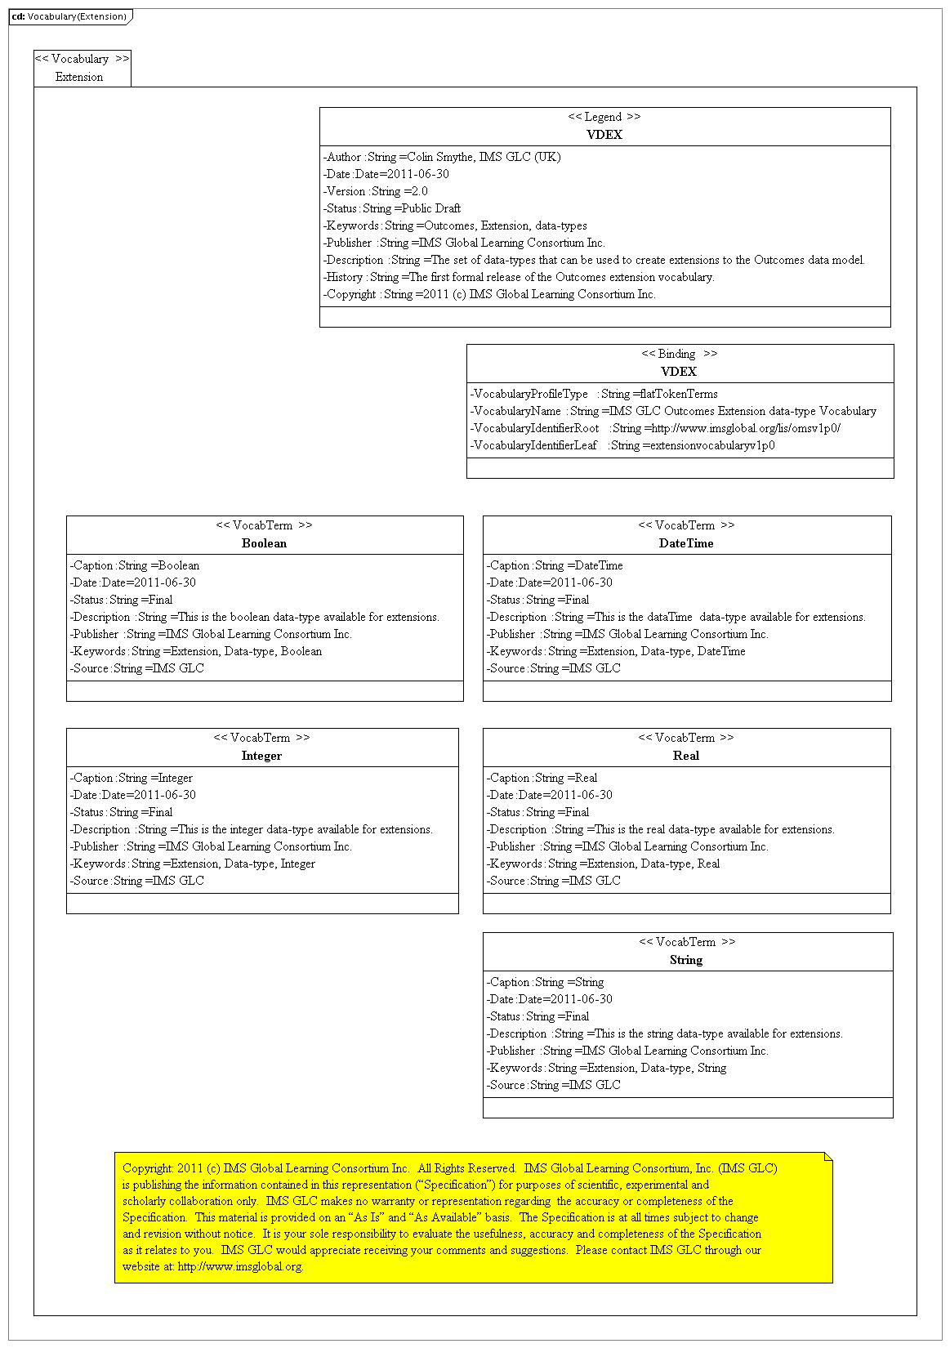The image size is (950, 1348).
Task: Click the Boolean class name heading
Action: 264,543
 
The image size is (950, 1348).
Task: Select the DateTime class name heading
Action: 686,543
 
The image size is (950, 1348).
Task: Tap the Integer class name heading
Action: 261,756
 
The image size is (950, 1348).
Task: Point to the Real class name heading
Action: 686,756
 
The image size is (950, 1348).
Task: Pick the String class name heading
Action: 686,960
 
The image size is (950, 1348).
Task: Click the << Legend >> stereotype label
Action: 604,117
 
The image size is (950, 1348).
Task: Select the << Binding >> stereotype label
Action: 679,354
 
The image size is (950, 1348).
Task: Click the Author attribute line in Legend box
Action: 442,157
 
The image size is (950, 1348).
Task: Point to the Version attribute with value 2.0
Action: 376,191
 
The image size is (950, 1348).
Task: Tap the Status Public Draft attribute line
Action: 392,208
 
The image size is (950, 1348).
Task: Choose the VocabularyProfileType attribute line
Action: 594,394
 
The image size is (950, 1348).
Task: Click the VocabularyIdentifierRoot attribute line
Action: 655,428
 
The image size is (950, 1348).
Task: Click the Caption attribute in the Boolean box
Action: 135,565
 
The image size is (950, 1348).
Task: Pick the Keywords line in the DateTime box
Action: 616,651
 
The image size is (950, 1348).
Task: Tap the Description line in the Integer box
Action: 252,829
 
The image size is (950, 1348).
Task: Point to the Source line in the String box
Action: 554,1085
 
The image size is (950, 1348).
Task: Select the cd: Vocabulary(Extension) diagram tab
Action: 70,16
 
